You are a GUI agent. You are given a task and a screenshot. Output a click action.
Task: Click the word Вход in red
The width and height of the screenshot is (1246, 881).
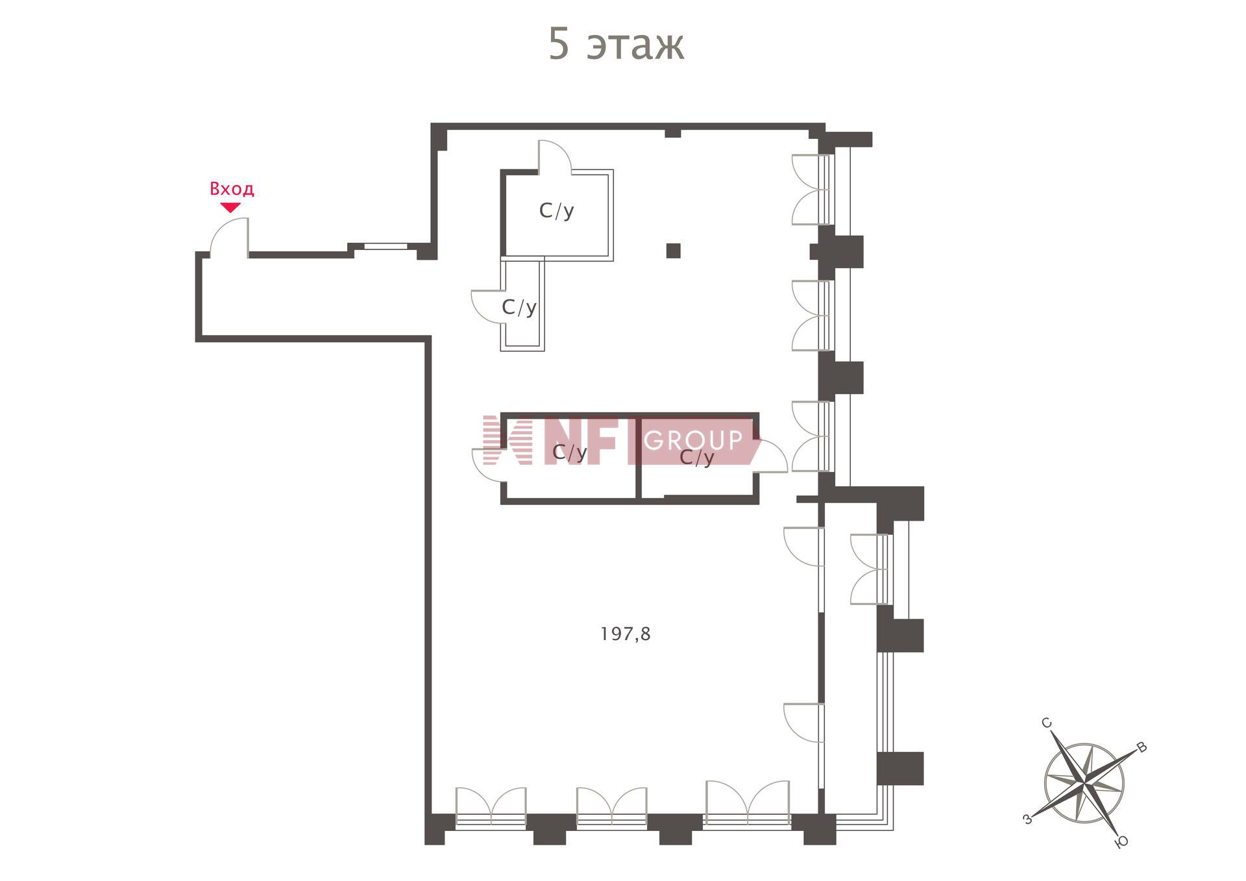point(232,189)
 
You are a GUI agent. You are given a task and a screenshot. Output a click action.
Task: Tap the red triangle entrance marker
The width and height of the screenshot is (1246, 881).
point(230,208)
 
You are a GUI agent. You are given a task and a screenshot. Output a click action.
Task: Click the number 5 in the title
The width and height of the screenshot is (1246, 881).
point(559,45)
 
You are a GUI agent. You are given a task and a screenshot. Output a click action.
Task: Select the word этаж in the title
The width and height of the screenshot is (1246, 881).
point(635,47)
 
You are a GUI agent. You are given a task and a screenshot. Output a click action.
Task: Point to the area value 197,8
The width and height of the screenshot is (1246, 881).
point(625,634)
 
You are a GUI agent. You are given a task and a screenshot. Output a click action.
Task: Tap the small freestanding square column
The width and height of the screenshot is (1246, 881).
point(673,251)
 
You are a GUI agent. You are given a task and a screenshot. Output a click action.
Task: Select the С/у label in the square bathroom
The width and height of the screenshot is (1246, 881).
point(557,211)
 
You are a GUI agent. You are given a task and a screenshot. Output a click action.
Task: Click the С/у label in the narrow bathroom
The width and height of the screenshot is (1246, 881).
point(519,307)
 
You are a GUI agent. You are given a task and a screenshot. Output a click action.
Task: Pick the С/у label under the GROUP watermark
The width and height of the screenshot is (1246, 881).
point(697,458)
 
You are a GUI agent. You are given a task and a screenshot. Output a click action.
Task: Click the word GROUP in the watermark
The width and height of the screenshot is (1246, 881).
point(693,440)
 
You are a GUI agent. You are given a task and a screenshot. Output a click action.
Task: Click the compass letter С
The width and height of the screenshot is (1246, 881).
point(1046,723)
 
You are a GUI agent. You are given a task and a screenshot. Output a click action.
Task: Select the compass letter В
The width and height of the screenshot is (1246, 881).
point(1142,747)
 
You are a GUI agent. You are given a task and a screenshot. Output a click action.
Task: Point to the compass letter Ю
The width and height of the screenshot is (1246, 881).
point(1121,842)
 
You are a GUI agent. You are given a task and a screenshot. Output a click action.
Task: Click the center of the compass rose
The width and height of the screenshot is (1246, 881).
point(1084,784)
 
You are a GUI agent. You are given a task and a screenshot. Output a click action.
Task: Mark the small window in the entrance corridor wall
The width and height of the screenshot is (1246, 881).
point(385,246)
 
